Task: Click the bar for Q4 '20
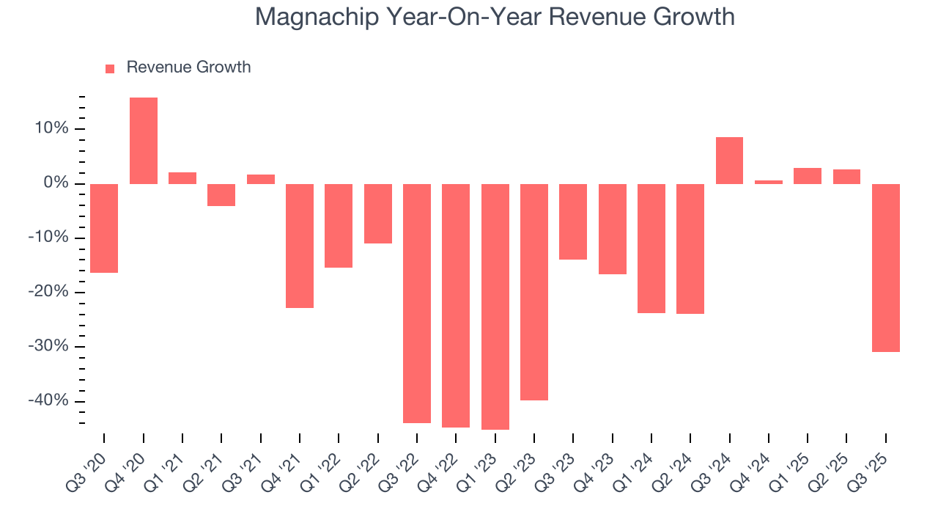tap(144, 141)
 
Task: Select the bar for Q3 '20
tap(104, 228)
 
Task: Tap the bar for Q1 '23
tap(495, 307)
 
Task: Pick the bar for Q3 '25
tap(886, 268)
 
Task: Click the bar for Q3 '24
tap(729, 161)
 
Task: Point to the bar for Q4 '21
tap(300, 246)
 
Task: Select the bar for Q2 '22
tap(378, 213)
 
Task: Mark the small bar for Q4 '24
tap(769, 182)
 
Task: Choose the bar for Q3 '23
tap(573, 221)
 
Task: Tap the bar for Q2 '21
tap(221, 195)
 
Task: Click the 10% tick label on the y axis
tap(49, 129)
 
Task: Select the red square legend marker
tap(110, 69)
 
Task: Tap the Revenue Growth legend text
tap(188, 67)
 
